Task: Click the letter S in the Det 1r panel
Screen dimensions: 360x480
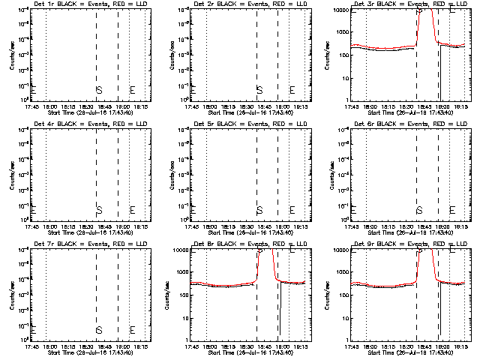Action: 99,91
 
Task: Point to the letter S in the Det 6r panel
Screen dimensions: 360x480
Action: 419,210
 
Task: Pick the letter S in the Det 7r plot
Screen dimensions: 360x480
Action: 99,329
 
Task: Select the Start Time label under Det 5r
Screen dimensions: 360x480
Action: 239,232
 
